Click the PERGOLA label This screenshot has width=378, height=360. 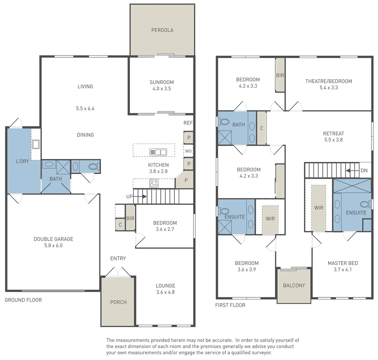[x=162, y=30]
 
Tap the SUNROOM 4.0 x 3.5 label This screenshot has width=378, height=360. [x=162, y=85]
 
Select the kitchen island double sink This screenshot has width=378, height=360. [x=158, y=152]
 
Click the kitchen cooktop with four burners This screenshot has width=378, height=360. [x=154, y=183]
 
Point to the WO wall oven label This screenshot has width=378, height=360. [x=188, y=151]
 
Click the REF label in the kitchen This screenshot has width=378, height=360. [x=188, y=123]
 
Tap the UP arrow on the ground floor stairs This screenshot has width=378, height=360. [x=140, y=196]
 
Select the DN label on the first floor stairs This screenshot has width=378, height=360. [x=364, y=171]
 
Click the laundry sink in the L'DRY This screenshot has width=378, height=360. [x=36, y=145]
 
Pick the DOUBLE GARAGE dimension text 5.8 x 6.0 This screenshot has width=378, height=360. [x=53, y=245]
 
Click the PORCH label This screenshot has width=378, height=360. [x=118, y=302]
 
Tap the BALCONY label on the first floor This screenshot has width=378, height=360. [x=294, y=285]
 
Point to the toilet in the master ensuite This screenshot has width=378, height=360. [x=366, y=205]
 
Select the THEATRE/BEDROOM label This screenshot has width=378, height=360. [x=329, y=81]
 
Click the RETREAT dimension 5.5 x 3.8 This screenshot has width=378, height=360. [x=333, y=140]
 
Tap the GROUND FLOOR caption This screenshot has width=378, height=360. [x=23, y=300]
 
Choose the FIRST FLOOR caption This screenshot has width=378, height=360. [x=230, y=305]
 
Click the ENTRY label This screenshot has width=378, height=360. [x=118, y=258]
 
